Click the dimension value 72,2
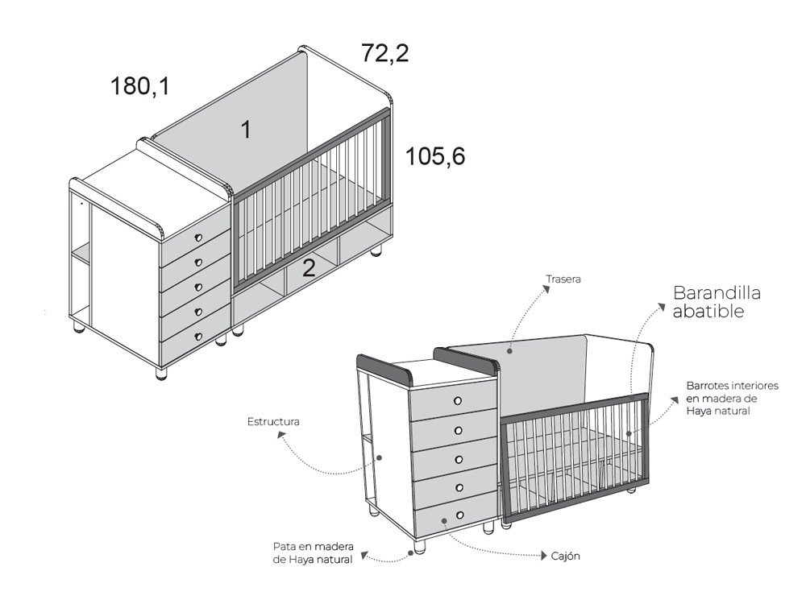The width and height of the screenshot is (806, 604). [x=385, y=53]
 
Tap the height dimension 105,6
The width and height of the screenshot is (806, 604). [x=435, y=155]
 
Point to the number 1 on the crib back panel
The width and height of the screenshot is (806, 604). [x=246, y=129]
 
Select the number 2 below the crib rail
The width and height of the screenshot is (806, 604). [x=308, y=267]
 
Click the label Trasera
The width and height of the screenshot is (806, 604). [x=563, y=279]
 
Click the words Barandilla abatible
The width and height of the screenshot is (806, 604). [x=717, y=302]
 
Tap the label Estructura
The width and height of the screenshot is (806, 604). [x=273, y=421]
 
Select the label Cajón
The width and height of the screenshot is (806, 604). [x=566, y=556]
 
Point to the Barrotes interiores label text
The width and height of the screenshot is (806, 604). [x=732, y=398]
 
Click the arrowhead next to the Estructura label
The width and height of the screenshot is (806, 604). [x=281, y=436]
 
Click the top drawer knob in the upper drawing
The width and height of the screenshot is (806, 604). [x=197, y=238]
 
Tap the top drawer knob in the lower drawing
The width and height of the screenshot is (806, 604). [x=457, y=400]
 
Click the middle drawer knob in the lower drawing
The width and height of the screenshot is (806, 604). [x=458, y=459]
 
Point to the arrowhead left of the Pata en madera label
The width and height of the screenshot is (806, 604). [x=364, y=554]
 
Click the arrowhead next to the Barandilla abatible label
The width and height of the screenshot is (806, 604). [x=665, y=308]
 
